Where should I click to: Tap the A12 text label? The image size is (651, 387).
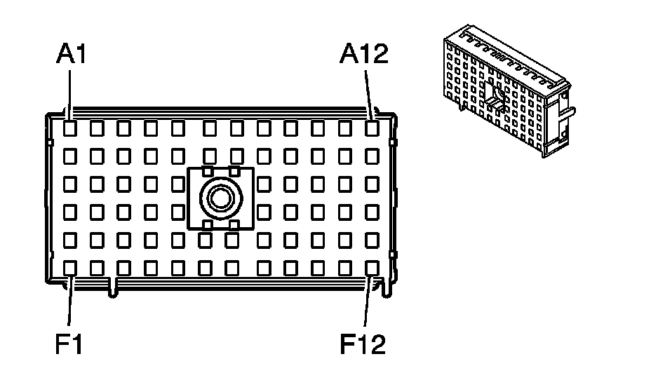point(363,54)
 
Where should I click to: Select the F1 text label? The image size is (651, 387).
point(69,345)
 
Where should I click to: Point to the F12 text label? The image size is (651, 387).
point(363,345)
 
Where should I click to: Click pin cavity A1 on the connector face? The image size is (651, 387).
point(70,128)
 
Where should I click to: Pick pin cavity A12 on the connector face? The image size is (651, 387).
point(372,128)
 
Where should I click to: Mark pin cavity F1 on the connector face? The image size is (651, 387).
point(70,267)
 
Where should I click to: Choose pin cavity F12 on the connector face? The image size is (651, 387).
point(372,267)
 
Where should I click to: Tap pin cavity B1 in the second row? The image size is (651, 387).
point(70,154)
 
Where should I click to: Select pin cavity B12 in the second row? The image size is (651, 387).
point(372,154)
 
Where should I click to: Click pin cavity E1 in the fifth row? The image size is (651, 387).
point(70,240)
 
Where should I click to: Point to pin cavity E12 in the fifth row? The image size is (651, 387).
point(372,240)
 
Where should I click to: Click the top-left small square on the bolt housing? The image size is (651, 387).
point(207,170)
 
